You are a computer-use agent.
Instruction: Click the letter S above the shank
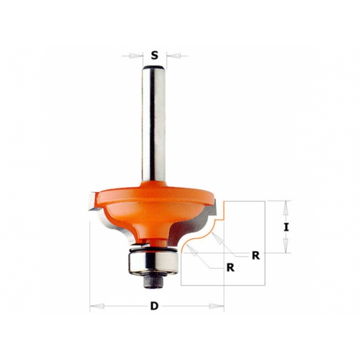tap(155, 56)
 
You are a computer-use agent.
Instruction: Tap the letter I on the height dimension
tap(286, 228)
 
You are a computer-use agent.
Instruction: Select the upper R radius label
tap(256, 256)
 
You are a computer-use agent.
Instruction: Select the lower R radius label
tap(230, 267)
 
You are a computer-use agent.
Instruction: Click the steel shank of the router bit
tap(153, 125)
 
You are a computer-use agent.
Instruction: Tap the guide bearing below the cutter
tap(153, 262)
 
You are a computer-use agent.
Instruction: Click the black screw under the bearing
tap(153, 282)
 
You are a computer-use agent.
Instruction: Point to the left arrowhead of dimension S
tap(135, 56)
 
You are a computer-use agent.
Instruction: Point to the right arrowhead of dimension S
tap(173, 56)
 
